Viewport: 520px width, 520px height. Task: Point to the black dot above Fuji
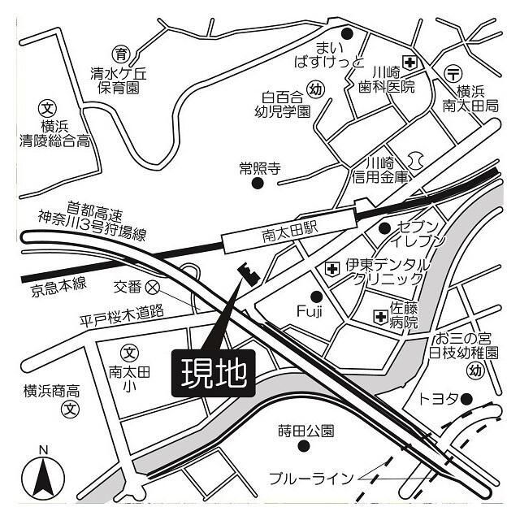[317, 296]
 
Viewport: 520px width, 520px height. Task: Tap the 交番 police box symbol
[153, 287]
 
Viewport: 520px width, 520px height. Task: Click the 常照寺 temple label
[259, 168]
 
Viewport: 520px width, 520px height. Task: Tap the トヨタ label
[439, 399]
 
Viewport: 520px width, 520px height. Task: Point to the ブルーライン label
[310, 478]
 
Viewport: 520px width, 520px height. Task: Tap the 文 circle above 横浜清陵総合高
[49, 106]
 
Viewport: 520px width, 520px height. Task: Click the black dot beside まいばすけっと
[347, 33]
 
